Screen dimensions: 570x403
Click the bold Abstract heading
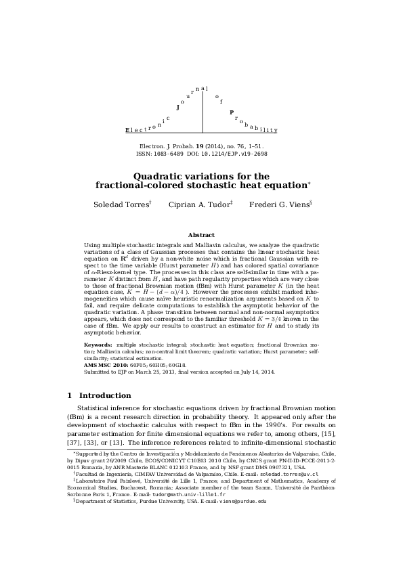(x=201, y=235)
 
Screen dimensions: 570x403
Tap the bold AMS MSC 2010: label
(x=109, y=365)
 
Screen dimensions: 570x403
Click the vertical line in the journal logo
(x=202, y=111)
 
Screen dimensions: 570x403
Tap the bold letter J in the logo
(x=178, y=107)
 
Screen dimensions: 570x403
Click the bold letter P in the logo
(x=232, y=112)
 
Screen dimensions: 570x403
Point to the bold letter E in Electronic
(x=127, y=130)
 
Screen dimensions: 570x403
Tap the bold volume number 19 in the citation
(x=200, y=146)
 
